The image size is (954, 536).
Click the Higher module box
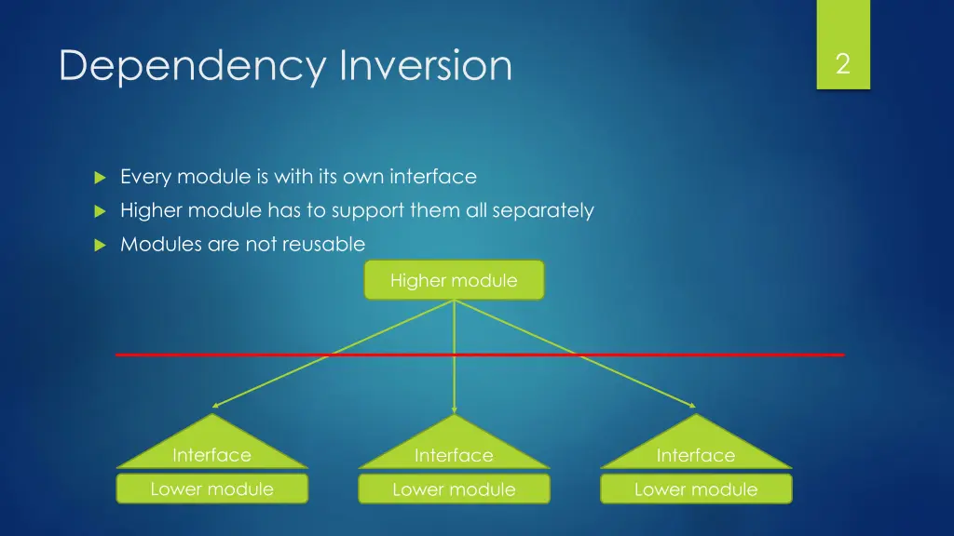tap(454, 280)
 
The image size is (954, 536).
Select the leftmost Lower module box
tap(211, 489)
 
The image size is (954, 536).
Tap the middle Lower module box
tap(454, 489)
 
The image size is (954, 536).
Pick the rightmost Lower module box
tap(696, 489)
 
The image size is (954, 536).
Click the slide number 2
tap(842, 64)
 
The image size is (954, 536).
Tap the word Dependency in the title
tap(192, 66)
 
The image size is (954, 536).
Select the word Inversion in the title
tap(426, 64)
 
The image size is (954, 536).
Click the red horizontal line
tap(480, 355)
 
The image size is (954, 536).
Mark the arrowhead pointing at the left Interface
tap(215, 406)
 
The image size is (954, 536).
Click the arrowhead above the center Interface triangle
tap(454, 410)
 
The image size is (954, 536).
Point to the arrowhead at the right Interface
tap(692, 406)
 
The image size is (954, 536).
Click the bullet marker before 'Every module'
tap(101, 178)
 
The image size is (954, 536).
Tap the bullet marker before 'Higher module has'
tap(101, 211)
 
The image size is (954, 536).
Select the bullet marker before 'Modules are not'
tap(101, 246)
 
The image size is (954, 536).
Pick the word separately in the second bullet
tap(543, 211)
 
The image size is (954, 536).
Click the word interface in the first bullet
tap(433, 176)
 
